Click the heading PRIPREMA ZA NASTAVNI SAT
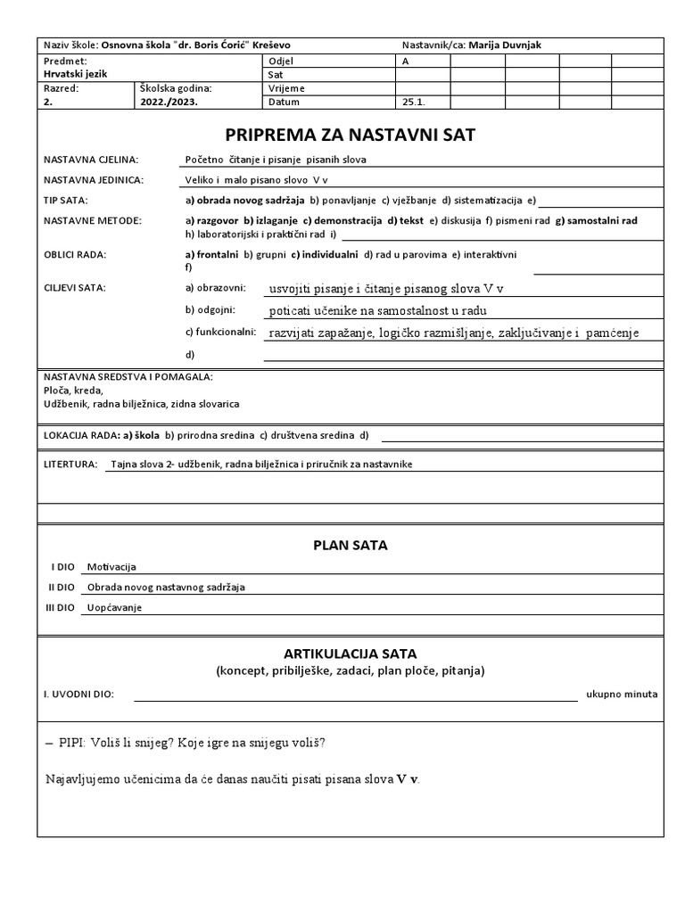click(x=350, y=135)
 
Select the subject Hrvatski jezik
click(x=75, y=74)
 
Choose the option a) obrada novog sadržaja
click(x=244, y=200)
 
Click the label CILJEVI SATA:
click(x=75, y=288)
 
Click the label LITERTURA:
click(x=70, y=465)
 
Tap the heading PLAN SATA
click(x=350, y=545)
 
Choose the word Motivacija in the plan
click(x=111, y=567)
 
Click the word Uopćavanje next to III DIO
click(x=114, y=608)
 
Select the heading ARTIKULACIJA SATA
click(x=350, y=654)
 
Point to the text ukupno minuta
click(x=622, y=694)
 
